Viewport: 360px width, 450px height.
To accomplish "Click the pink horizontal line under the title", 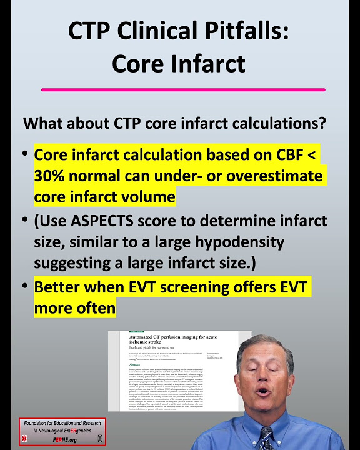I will point(183,90).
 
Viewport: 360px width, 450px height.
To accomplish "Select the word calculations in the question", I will point(275,123).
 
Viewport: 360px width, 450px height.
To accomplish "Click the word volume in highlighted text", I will point(148,197).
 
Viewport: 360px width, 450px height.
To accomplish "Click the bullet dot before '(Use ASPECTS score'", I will point(24,221).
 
